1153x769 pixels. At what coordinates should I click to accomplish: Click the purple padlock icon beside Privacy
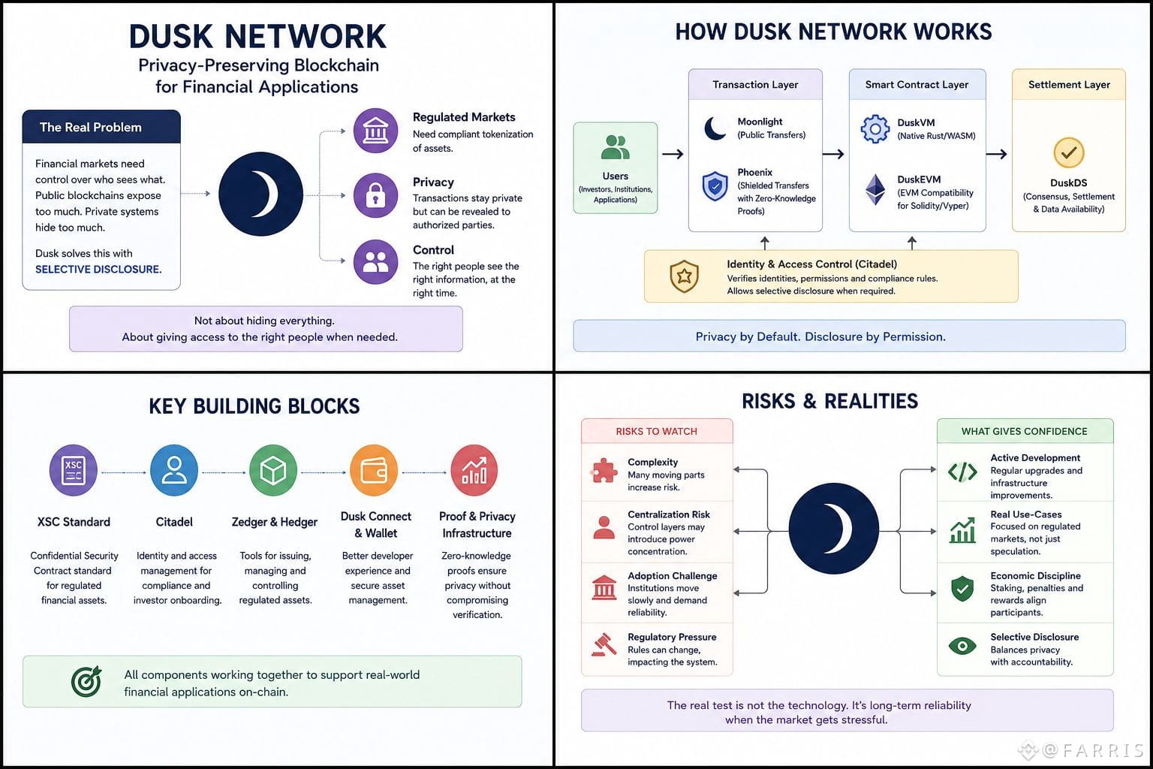click(375, 196)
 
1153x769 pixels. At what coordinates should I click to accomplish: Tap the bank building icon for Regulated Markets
click(375, 131)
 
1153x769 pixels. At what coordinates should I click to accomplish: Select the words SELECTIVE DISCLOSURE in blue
click(98, 270)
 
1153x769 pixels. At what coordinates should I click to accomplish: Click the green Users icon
click(615, 147)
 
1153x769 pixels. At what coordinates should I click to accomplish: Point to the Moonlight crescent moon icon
click(715, 128)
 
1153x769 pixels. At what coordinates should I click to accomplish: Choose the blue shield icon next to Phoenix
click(715, 186)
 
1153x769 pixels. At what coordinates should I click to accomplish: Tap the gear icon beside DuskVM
click(875, 128)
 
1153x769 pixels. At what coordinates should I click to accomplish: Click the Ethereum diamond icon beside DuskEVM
click(875, 189)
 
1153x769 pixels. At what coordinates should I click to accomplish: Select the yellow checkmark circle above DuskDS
click(1069, 152)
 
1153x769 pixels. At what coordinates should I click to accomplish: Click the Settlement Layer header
click(1069, 84)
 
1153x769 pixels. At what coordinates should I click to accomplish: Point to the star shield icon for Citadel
click(684, 276)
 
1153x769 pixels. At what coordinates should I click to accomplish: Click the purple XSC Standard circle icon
click(74, 470)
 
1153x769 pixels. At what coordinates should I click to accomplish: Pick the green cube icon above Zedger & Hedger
click(273, 470)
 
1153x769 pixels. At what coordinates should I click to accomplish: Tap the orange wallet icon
click(375, 470)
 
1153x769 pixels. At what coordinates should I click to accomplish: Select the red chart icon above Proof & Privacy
click(474, 470)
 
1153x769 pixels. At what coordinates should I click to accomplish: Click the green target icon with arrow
click(86, 681)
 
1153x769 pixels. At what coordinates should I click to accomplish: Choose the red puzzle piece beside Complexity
click(604, 470)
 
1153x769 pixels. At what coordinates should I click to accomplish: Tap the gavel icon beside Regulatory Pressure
click(604, 644)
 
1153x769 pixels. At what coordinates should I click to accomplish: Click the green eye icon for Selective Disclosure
click(962, 645)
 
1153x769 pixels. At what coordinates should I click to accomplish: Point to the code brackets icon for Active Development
click(962, 472)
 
